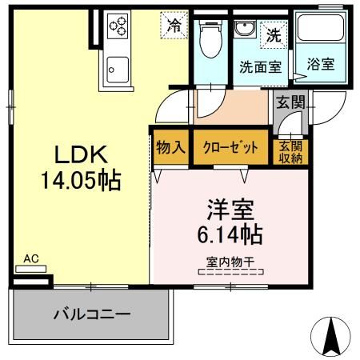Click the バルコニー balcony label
pos(91,314)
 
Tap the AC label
pos(31,258)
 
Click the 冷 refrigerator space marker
pos(173,24)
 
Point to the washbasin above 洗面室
pos(244,30)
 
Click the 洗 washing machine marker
pos(274,35)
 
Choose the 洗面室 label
pos(260,68)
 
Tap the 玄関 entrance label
pos(289,101)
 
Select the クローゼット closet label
pos(231,147)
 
